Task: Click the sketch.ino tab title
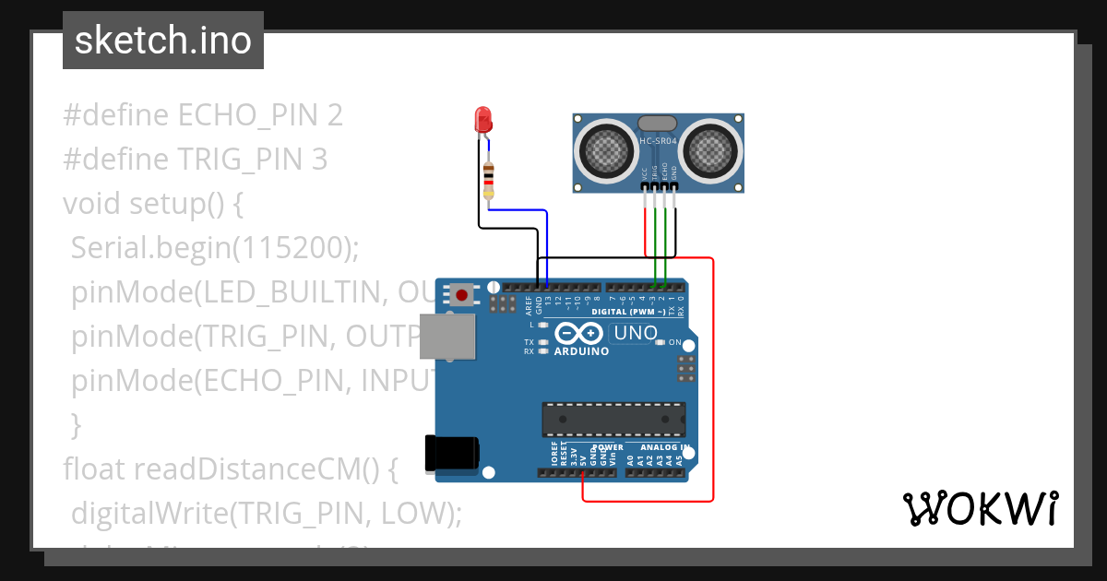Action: click(163, 41)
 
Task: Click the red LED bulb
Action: click(482, 119)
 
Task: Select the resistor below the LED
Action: click(488, 180)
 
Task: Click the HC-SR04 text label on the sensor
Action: click(659, 141)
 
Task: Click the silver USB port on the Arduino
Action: click(448, 336)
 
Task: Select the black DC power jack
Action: click(450, 453)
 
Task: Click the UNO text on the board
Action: click(636, 333)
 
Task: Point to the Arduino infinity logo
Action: click(580, 334)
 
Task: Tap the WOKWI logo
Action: click(980, 508)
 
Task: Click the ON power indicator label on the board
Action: click(675, 343)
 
